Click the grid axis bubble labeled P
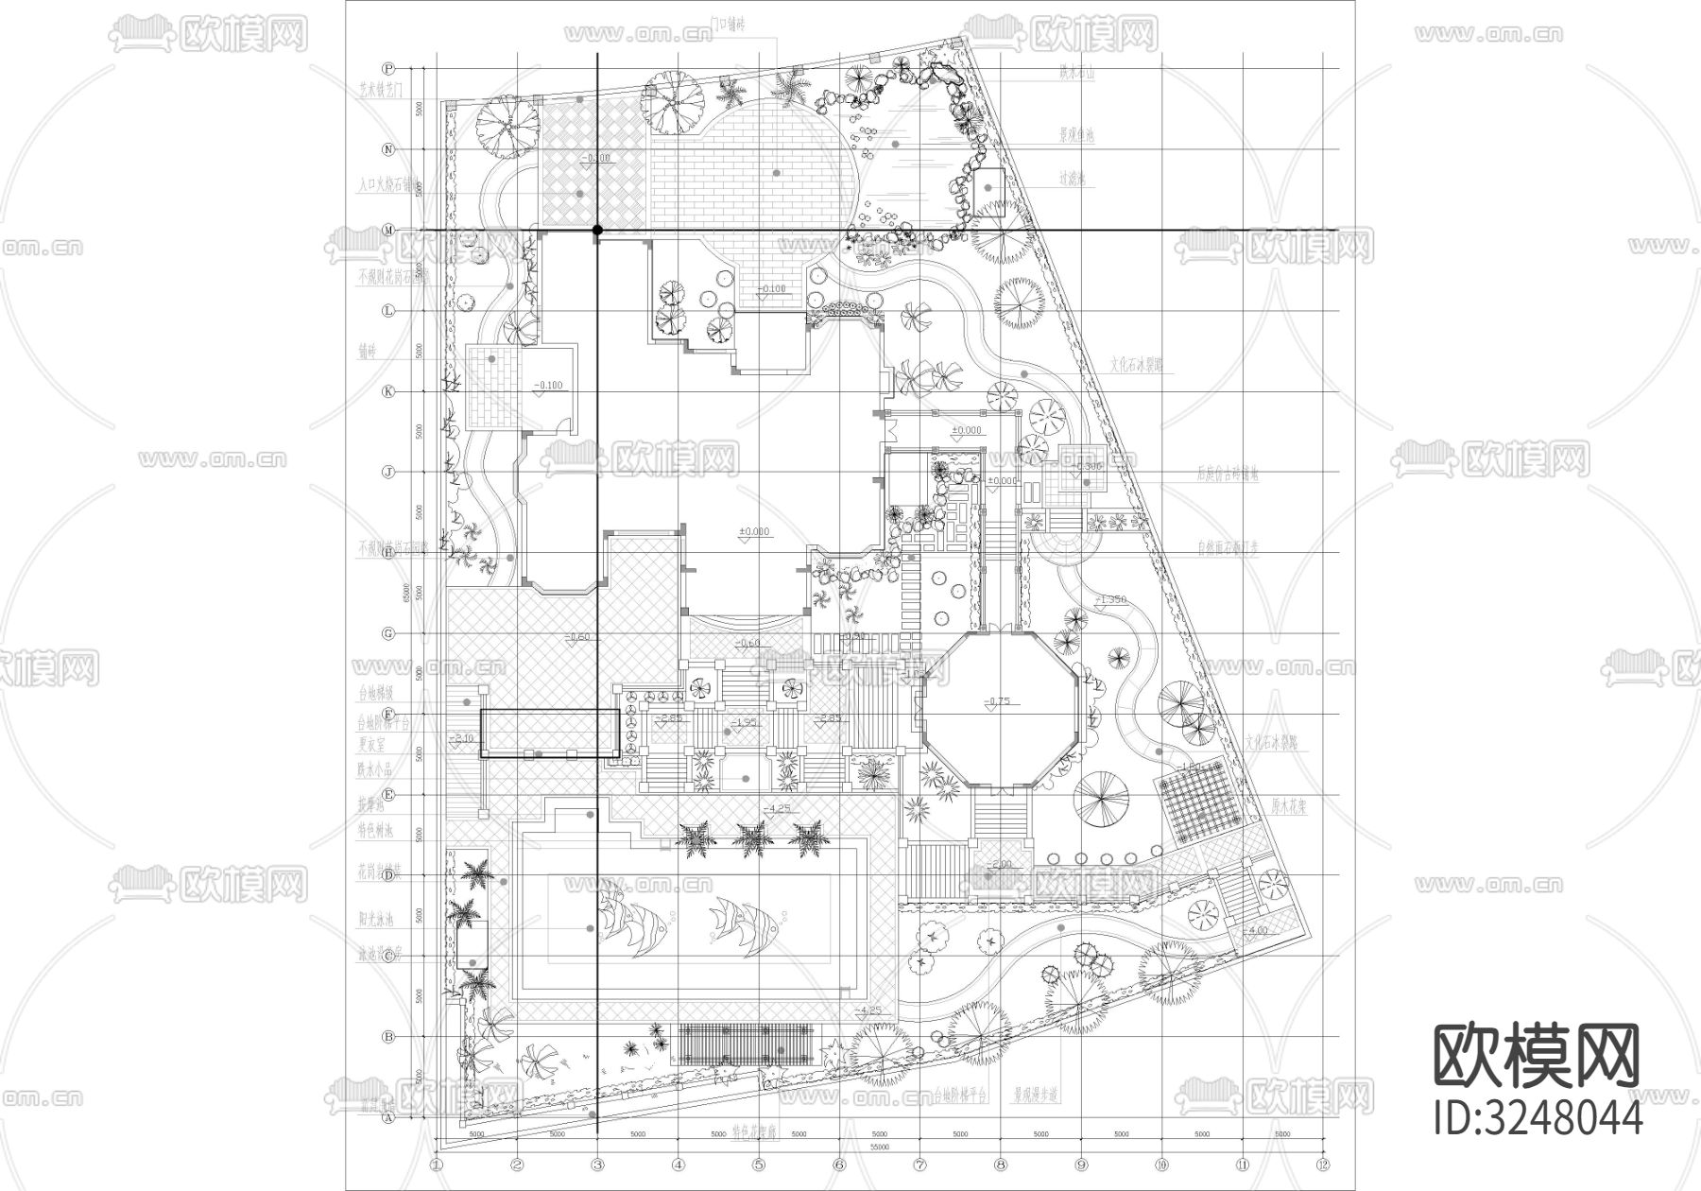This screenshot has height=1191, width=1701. [387, 68]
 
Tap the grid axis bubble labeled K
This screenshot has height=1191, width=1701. [387, 391]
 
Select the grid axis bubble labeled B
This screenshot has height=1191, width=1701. [387, 1037]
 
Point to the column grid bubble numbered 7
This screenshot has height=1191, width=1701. [920, 1164]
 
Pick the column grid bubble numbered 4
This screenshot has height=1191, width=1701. [678, 1164]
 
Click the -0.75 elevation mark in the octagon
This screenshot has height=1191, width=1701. [998, 701]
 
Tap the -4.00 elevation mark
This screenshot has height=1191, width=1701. [1257, 931]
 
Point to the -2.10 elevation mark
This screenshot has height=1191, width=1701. [463, 737]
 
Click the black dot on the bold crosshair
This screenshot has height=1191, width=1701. [597, 230]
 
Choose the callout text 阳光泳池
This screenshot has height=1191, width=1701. [375, 917]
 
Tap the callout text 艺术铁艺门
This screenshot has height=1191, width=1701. [381, 92]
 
